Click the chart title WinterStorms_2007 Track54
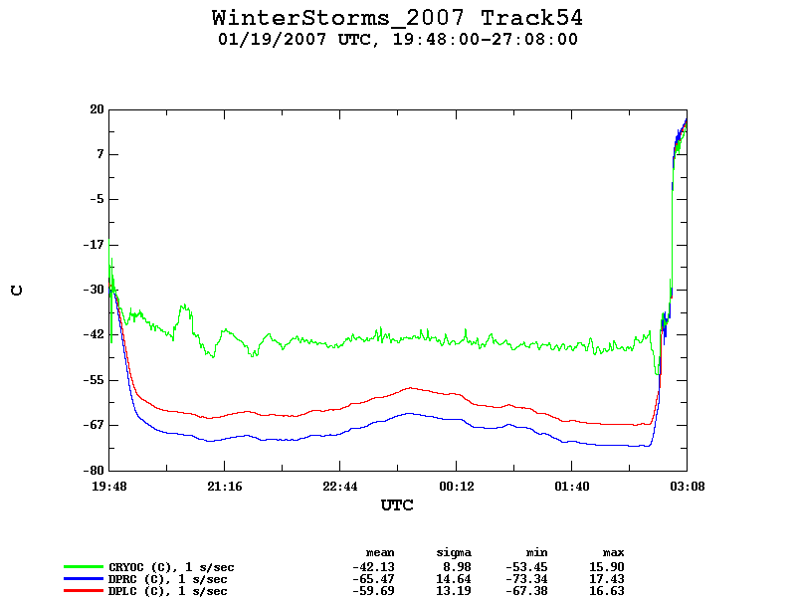(397, 18)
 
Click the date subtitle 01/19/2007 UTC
(295, 39)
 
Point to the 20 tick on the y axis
(97, 109)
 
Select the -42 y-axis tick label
(94, 334)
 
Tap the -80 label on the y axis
(94, 471)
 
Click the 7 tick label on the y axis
(100, 154)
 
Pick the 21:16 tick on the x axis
(225, 487)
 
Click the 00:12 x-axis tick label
(457, 487)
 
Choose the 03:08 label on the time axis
(688, 487)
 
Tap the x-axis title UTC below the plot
(397, 505)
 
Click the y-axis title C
(17, 291)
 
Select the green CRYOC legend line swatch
(84, 566)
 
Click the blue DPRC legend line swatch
(84, 579)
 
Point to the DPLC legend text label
(167, 591)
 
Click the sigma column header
(454, 553)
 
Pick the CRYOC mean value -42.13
(373, 567)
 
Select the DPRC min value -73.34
(526, 579)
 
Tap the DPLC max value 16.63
(607, 591)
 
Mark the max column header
(613, 553)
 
